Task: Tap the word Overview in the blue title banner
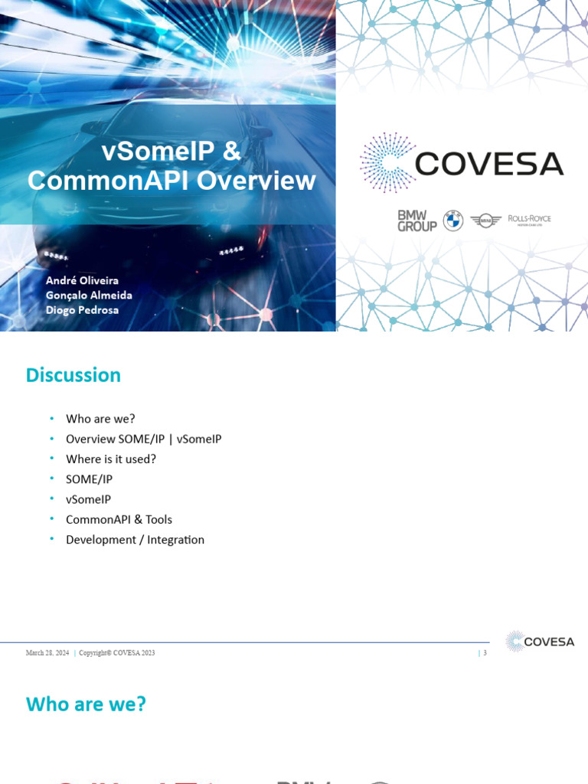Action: (x=257, y=181)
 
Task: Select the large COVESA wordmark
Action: (x=488, y=163)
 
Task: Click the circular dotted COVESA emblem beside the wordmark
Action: (x=387, y=162)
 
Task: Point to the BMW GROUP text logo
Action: (x=416, y=221)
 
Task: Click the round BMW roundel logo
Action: (x=453, y=220)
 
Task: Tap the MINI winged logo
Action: (x=485, y=220)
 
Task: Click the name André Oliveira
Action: (x=82, y=281)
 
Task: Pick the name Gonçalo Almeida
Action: (x=89, y=296)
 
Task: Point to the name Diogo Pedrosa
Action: (x=82, y=310)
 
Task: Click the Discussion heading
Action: (x=73, y=375)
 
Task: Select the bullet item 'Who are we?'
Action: (x=100, y=419)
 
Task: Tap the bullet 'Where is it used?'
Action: (x=111, y=459)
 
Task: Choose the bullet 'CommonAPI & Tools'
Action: (x=119, y=519)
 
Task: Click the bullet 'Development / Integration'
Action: (x=135, y=539)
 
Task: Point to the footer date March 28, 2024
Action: (x=47, y=653)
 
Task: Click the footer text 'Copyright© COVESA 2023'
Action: (x=117, y=653)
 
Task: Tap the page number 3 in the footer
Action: (x=485, y=653)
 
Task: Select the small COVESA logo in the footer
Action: (x=541, y=642)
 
